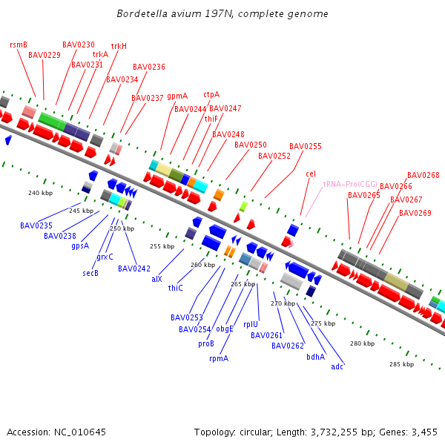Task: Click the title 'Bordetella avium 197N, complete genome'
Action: [222, 14]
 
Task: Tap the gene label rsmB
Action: [19, 44]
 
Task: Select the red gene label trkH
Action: [119, 46]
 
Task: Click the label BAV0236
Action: [148, 67]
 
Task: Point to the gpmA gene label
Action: [177, 96]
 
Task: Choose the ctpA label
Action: [211, 95]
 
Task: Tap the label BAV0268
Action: [423, 176]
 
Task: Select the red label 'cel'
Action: [311, 174]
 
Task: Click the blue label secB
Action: [90, 273]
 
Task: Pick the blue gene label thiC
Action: [176, 288]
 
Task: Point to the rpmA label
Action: [219, 358]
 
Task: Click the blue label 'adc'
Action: [337, 366]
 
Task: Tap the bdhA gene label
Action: [315, 357]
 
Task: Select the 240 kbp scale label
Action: [40, 194]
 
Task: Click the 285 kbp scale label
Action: [401, 364]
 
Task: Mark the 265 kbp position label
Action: [243, 284]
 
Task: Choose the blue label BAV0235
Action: [36, 225]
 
